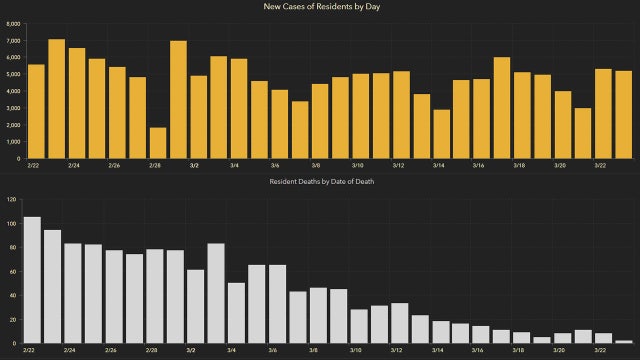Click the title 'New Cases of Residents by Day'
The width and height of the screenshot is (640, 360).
tap(320, 8)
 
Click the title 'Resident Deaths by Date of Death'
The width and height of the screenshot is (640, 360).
tap(320, 181)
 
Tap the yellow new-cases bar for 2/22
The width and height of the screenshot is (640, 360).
tap(36, 111)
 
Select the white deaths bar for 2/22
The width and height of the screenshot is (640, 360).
tap(32, 280)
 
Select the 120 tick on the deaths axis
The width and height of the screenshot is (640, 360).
tap(11, 199)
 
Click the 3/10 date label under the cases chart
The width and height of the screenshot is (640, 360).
tap(358, 165)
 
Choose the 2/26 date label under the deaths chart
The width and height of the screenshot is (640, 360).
tap(113, 351)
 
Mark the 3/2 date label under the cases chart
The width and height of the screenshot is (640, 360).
tap(194, 165)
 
